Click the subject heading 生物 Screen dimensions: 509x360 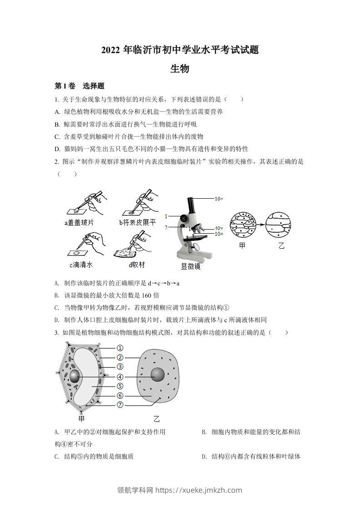180,69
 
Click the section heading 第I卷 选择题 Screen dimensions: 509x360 79,86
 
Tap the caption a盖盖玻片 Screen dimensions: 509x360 79,222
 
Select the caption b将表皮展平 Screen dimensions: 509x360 137,222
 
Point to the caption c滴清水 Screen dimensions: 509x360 81,264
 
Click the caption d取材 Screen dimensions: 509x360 136,264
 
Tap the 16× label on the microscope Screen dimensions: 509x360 219,199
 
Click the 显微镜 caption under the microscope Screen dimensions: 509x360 191,266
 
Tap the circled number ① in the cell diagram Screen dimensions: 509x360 120,348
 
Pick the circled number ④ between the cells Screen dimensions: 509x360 120,377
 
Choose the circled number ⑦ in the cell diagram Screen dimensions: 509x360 120,405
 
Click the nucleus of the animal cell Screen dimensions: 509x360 158,375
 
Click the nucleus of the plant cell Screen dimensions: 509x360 75,377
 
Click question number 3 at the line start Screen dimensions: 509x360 56,333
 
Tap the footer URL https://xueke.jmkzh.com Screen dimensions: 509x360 198,490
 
